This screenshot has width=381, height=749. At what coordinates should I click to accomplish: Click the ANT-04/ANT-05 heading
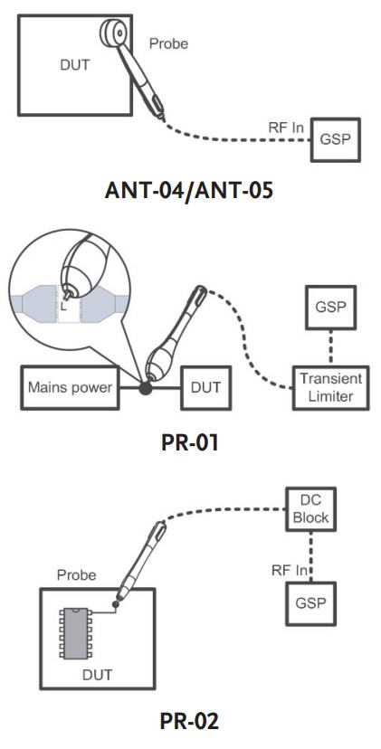[191, 192]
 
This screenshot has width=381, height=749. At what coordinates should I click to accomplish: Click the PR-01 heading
[191, 444]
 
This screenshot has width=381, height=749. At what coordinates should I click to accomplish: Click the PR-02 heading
[191, 721]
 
